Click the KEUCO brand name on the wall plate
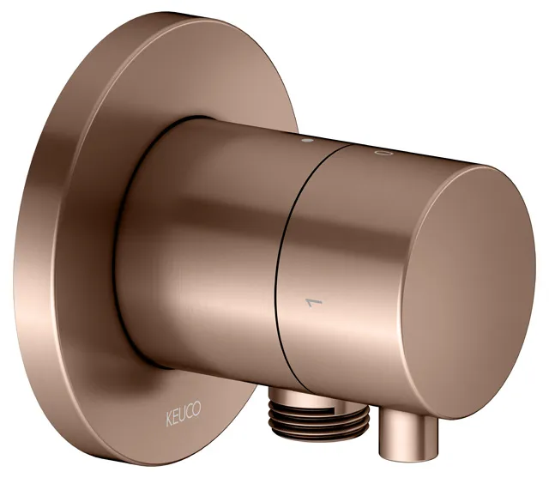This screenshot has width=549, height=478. coord(183,414)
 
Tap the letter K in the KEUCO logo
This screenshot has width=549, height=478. coord(169,420)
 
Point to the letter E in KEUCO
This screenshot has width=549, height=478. coord(176,417)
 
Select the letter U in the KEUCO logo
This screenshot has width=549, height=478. coord(183,414)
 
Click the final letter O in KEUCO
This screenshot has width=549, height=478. coord(196,408)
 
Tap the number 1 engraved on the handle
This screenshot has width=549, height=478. coord(314,302)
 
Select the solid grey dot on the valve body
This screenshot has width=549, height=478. coord(307,141)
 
